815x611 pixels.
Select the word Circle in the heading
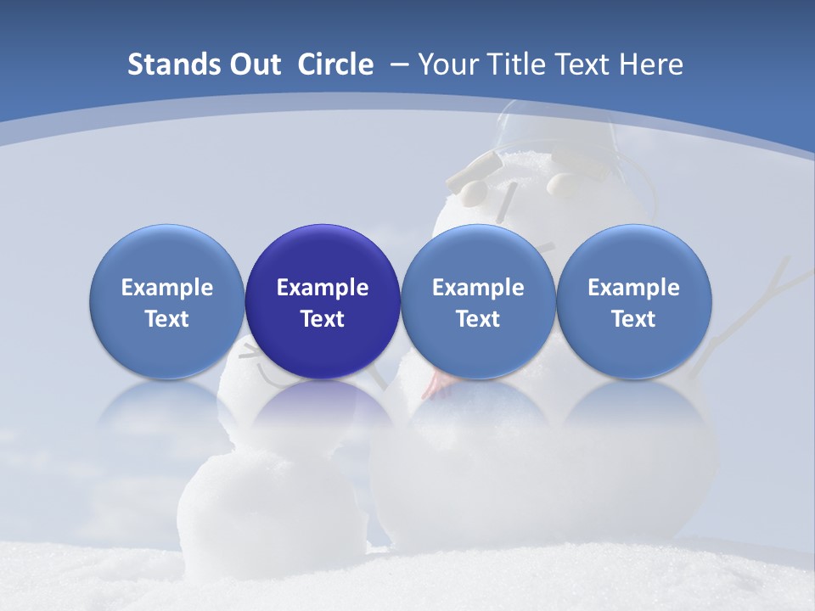(x=335, y=64)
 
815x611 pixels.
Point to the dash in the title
(x=398, y=64)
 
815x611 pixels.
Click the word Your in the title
(x=447, y=64)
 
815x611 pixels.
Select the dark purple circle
(x=323, y=301)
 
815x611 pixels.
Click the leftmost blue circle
(x=167, y=301)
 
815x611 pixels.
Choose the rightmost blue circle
(x=634, y=301)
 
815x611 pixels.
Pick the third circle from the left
(x=478, y=301)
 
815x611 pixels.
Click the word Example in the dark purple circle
(x=323, y=288)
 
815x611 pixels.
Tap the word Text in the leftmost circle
(x=167, y=319)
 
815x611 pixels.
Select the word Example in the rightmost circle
(x=634, y=288)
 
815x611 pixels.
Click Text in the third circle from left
(x=478, y=319)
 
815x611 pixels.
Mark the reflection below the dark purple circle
(x=323, y=416)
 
